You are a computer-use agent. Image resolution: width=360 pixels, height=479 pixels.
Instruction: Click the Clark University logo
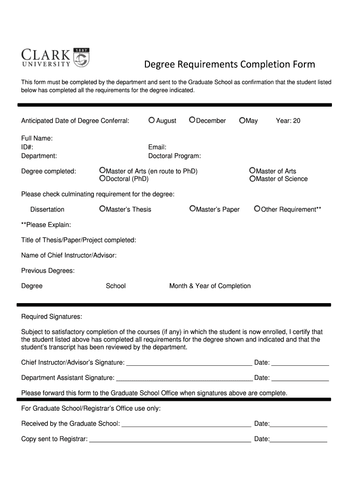[x=55, y=58]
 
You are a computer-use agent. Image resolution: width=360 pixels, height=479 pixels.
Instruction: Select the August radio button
[x=151, y=120]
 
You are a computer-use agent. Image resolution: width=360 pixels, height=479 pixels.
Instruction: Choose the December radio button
[x=192, y=120]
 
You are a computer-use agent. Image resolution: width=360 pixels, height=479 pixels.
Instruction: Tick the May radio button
[x=242, y=120]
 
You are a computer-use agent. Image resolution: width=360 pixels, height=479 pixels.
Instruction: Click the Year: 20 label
[x=288, y=121]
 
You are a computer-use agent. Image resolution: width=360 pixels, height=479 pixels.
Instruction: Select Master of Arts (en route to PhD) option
[x=102, y=171]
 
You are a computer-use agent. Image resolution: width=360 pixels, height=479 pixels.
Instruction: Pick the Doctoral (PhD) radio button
[x=102, y=178]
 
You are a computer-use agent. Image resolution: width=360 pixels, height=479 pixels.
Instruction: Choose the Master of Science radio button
[x=252, y=178]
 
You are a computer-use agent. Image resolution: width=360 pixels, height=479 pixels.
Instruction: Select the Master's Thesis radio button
[x=102, y=209]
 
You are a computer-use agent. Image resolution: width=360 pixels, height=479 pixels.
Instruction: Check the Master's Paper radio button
[x=192, y=209]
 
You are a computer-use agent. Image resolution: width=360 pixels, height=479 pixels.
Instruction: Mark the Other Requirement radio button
[x=257, y=209]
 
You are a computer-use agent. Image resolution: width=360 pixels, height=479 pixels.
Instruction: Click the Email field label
[x=157, y=147]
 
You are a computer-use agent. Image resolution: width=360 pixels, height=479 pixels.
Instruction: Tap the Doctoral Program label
[x=174, y=156]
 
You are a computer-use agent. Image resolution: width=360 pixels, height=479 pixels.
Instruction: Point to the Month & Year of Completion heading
[x=210, y=286]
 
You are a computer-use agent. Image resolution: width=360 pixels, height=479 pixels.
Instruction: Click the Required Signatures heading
[x=51, y=317]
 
